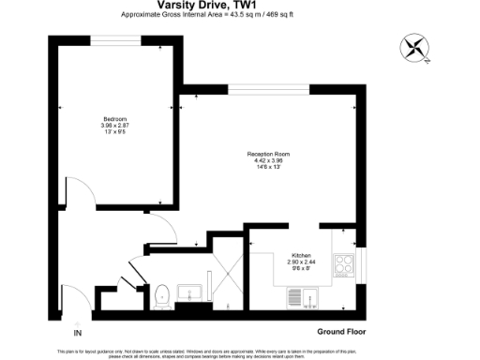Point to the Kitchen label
(x=301, y=255)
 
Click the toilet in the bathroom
(x=162, y=295)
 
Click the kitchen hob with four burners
(x=343, y=264)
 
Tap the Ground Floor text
(x=340, y=332)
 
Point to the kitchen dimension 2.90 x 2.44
(x=301, y=262)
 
